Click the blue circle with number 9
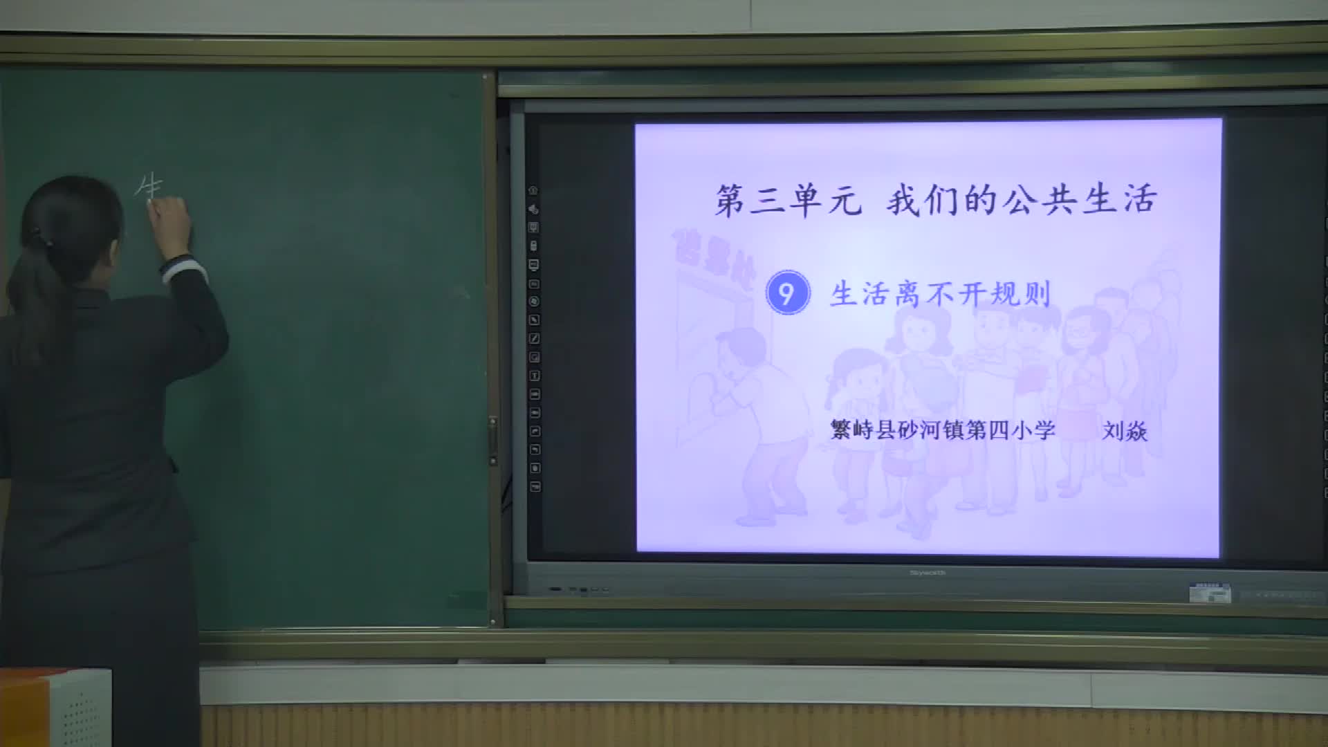787,293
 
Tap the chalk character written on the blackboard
148,186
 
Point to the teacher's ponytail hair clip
43,241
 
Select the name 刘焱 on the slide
1125,431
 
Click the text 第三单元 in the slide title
788,200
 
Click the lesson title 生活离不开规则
941,295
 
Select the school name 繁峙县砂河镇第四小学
943,430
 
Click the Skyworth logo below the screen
927,573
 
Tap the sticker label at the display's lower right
1210,593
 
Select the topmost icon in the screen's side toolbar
533,190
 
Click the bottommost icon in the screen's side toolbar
535,487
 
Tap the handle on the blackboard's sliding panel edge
492,440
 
